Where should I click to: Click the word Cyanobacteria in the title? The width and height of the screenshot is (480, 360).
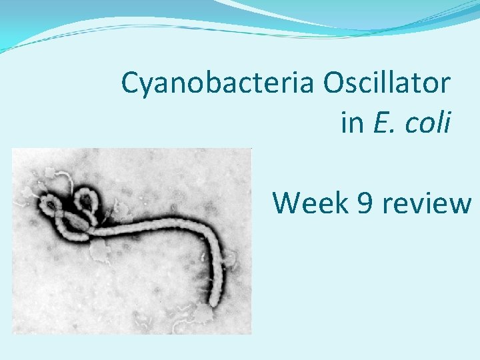(x=218, y=83)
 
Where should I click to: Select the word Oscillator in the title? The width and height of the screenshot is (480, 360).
(x=387, y=83)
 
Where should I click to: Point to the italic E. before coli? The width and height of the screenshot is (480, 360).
(x=383, y=122)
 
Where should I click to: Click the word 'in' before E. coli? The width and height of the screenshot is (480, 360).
(x=351, y=122)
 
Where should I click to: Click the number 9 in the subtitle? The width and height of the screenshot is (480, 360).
(x=365, y=203)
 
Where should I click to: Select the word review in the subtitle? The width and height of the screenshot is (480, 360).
(x=427, y=203)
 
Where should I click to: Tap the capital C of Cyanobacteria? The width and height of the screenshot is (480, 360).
(x=131, y=83)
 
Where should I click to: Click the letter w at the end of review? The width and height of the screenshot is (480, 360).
(x=461, y=203)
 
